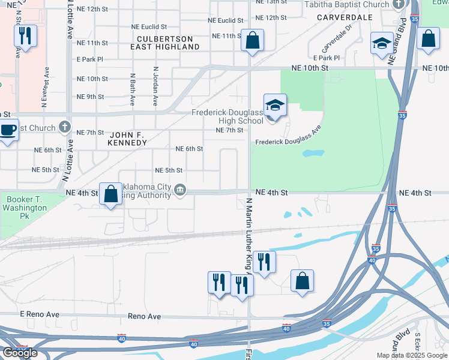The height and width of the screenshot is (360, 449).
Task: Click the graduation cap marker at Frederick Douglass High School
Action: pos(275,106)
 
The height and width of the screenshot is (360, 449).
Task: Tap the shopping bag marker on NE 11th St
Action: pos(253,41)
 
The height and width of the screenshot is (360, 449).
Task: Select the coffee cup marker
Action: pos(8,130)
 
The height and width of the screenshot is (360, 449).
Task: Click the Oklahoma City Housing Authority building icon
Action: pos(179,191)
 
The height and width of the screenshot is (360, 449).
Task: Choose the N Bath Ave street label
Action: pos(132,87)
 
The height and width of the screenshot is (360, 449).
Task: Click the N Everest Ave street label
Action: pos(44,86)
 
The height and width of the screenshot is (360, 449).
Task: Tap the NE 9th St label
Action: pos(91,97)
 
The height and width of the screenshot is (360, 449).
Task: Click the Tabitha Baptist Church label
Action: pos(347,5)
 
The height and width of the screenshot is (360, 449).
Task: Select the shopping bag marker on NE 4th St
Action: pos(110,194)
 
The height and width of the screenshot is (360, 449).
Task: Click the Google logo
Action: pos(20,353)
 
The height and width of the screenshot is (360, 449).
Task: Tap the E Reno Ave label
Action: pos(40,314)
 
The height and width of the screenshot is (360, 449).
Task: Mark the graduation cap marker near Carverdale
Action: pos(381,43)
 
